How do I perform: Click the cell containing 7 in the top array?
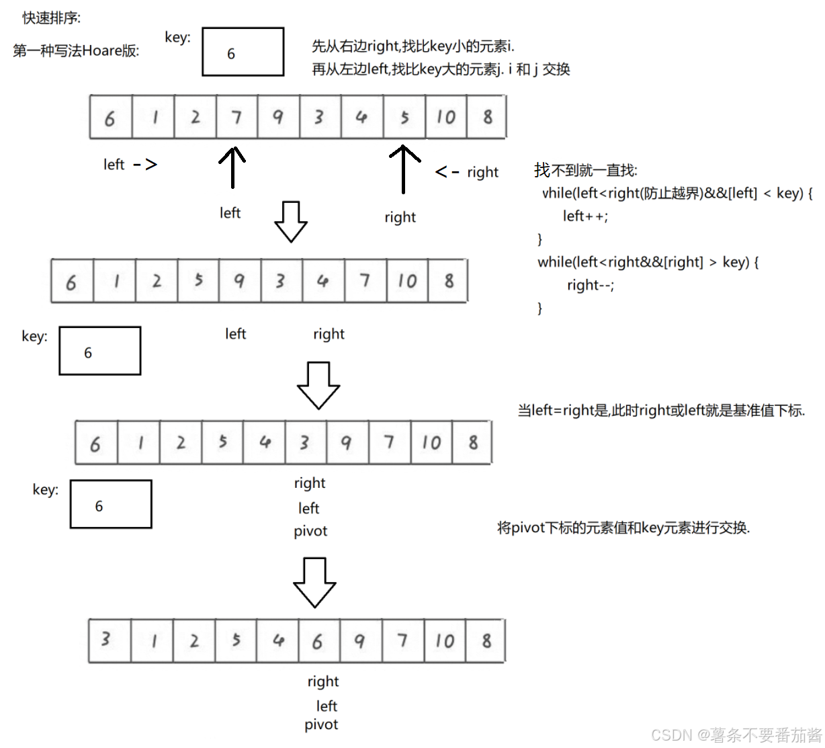click(x=236, y=118)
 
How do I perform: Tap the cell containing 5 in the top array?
click(x=404, y=118)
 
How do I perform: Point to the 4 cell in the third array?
click(x=265, y=442)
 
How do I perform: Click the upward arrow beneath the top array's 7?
click(x=232, y=167)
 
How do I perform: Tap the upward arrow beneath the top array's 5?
click(x=404, y=169)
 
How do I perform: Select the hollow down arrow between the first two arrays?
click(x=291, y=221)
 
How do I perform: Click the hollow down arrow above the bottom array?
click(x=314, y=582)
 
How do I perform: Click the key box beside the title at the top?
click(x=243, y=52)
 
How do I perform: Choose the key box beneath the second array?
click(x=100, y=351)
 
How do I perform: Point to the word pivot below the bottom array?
click(x=321, y=724)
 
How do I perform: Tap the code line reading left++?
click(x=585, y=216)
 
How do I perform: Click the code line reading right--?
click(x=590, y=285)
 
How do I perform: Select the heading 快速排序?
click(x=52, y=18)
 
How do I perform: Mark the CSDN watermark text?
click(x=736, y=735)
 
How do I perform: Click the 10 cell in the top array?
click(x=446, y=118)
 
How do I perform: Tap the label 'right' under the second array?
click(x=329, y=334)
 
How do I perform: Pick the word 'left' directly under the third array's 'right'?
click(x=309, y=508)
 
